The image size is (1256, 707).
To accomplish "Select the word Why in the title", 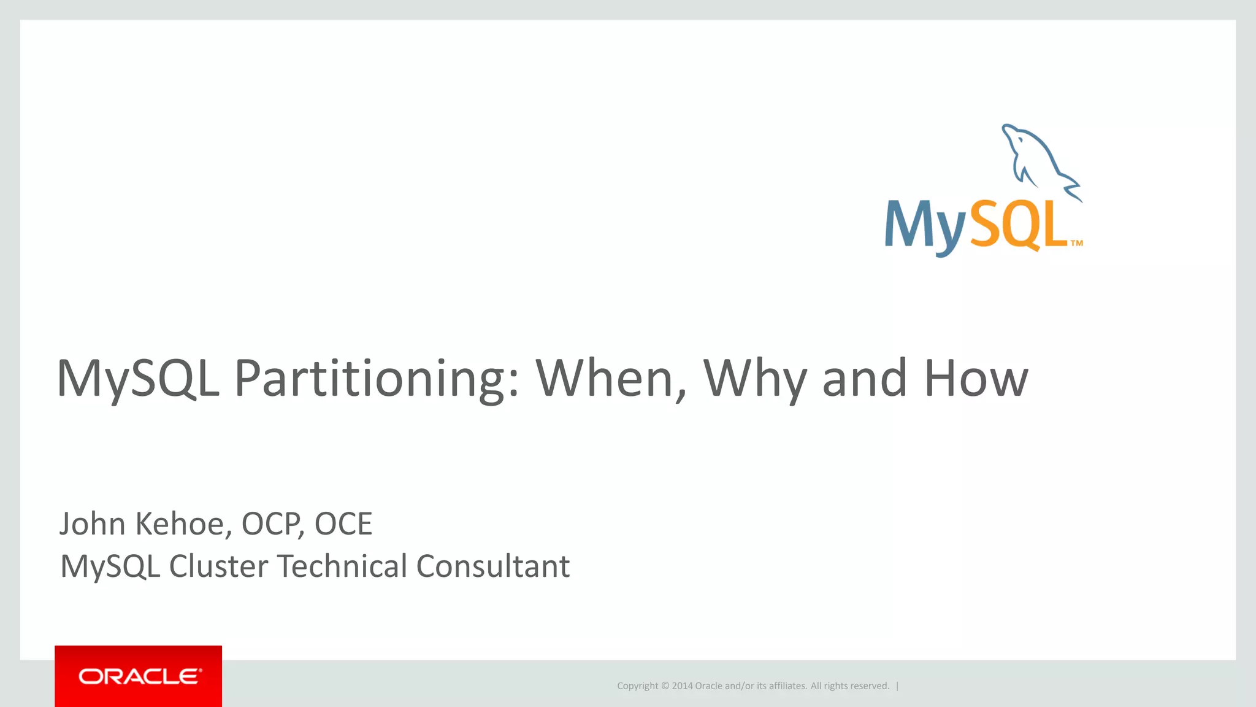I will click(x=754, y=379).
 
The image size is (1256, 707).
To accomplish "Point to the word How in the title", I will click(x=975, y=379).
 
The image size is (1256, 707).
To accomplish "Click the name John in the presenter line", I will click(x=93, y=524).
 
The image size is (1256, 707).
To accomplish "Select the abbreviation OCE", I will click(x=343, y=524).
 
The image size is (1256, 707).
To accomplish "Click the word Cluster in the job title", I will click(x=218, y=566).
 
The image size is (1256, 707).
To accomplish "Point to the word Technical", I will click(x=342, y=566).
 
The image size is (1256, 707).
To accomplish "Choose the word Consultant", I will click(x=493, y=566).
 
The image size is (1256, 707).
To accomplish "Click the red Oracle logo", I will click(x=139, y=676).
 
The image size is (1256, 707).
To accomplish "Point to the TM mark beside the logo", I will click(x=1077, y=244).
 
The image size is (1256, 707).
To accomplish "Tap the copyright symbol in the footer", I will click(x=665, y=686).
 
